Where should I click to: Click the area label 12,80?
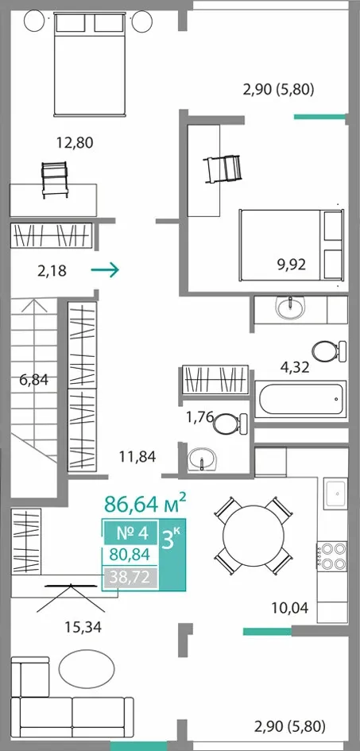pyautogui.click(x=74, y=142)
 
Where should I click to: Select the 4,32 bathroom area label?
pyautogui.click(x=294, y=367)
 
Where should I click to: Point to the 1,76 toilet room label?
pyautogui.click(x=199, y=417)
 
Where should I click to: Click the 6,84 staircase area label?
pyautogui.click(x=34, y=380)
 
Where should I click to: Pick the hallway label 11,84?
pyautogui.click(x=137, y=456)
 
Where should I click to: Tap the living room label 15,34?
pyautogui.click(x=83, y=627)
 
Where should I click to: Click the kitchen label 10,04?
pyautogui.click(x=289, y=608)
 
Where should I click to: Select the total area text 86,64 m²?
pyautogui.click(x=145, y=503)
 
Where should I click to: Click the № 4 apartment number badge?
pyautogui.click(x=130, y=532)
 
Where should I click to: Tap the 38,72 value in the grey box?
pyautogui.click(x=130, y=578)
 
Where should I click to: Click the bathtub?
pyautogui.click(x=300, y=399)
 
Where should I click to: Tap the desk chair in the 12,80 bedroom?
pyautogui.click(x=54, y=180)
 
